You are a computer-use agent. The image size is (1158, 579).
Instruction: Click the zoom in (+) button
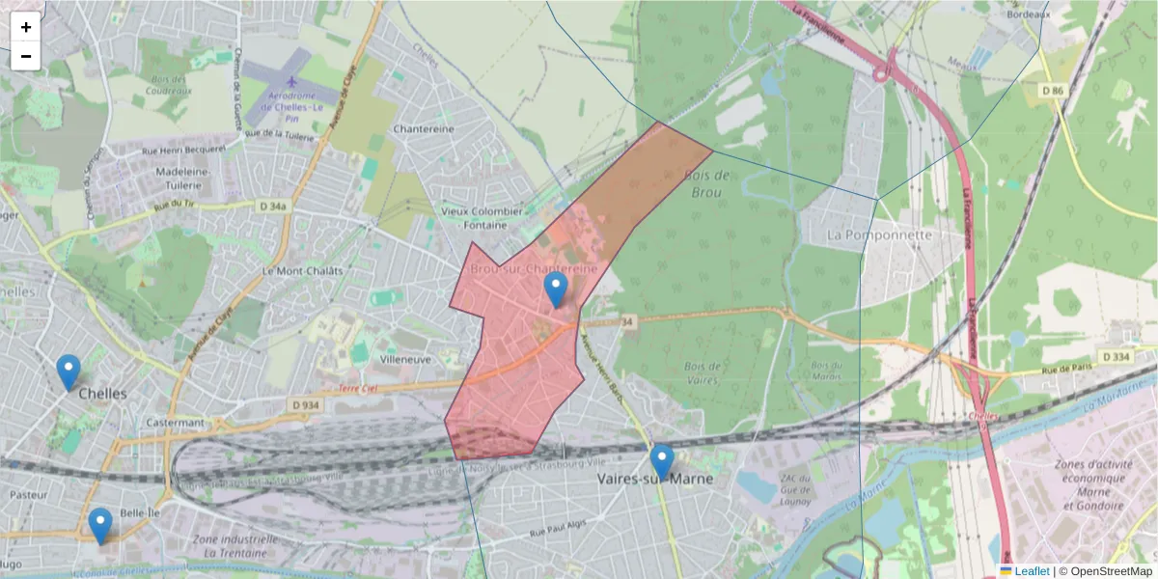tap(26, 27)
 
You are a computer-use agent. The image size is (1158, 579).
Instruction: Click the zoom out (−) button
tap(26, 56)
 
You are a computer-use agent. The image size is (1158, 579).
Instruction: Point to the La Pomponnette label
tap(880, 234)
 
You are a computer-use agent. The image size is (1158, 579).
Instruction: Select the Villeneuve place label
tap(404, 358)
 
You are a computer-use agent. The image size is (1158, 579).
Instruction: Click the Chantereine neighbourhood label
tap(424, 128)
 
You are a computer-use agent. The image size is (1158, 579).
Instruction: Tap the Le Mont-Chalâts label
tap(302, 271)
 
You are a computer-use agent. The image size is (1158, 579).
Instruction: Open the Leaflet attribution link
tap(1032, 571)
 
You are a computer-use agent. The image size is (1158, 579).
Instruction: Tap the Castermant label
tap(175, 423)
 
